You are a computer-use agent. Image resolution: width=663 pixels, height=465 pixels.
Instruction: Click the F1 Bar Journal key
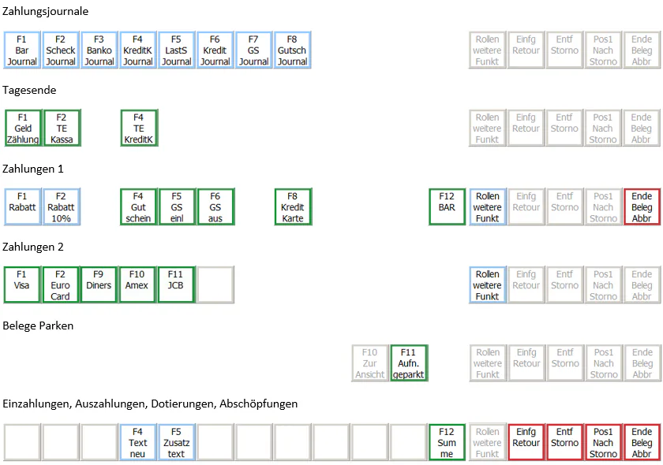(22, 50)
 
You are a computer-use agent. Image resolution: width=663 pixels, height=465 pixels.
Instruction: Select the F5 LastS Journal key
(176, 50)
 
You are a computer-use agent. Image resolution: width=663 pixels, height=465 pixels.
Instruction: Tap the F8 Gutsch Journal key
(292, 50)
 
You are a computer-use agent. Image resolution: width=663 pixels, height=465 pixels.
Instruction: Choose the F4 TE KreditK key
(139, 128)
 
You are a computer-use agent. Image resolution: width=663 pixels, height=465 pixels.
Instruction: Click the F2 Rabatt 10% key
(61, 207)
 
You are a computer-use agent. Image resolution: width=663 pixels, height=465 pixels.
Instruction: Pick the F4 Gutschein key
(138, 207)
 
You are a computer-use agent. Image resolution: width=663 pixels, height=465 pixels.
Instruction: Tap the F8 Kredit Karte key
(293, 207)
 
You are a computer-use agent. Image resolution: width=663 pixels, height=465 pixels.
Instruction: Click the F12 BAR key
(447, 207)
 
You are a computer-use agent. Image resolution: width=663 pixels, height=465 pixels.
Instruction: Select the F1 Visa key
(22, 285)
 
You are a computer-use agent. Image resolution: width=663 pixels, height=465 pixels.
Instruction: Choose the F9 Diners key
(99, 285)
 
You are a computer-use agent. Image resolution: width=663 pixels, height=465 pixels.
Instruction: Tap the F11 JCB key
(176, 285)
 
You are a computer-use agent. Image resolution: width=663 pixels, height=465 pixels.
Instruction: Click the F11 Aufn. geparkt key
(409, 363)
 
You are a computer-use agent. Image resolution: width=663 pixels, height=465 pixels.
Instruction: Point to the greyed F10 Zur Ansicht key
(370, 363)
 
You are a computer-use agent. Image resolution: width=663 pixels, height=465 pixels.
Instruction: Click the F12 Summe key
(447, 442)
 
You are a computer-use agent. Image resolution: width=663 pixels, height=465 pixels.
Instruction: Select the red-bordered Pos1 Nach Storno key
(603, 442)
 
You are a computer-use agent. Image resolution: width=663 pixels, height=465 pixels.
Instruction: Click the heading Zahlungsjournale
(45, 11)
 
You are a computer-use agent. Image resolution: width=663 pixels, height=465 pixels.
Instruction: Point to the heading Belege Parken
(38, 325)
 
